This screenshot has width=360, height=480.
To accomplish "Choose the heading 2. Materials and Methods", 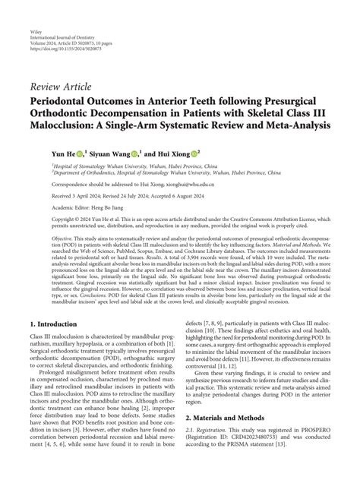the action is [232, 439].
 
